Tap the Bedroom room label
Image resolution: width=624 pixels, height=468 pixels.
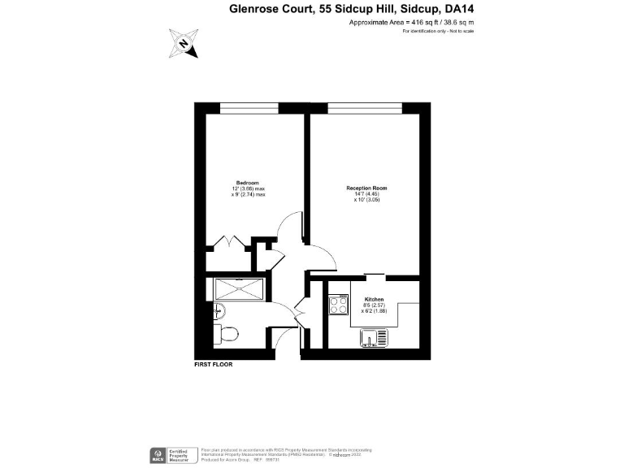point(247,182)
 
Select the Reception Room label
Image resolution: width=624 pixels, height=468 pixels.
point(366,188)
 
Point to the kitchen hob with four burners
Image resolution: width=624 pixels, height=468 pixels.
point(338,306)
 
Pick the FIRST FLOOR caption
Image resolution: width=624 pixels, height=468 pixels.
point(214,365)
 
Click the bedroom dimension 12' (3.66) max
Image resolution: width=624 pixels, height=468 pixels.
point(249,188)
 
